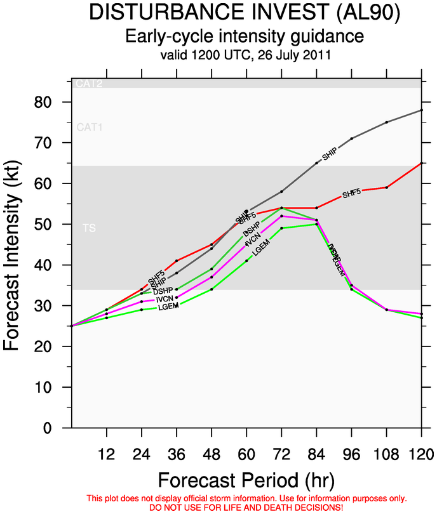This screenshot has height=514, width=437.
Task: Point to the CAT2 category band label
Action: click(x=89, y=84)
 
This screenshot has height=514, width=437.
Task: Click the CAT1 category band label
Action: click(x=89, y=128)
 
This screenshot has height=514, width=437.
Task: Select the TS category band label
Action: click(x=89, y=227)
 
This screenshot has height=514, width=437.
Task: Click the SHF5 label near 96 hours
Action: click(x=351, y=193)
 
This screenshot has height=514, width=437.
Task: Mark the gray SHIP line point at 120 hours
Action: click(x=421, y=110)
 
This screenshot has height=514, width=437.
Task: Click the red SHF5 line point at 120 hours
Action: click(x=421, y=163)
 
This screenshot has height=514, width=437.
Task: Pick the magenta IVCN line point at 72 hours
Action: click(x=281, y=216)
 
